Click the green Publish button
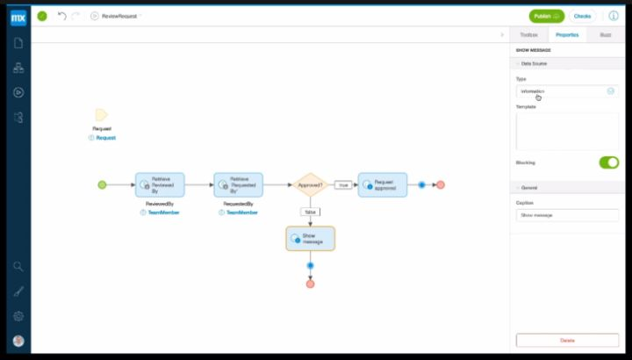(x=547, y=16)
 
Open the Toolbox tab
(x=528, y=34)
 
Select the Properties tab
(x=567, y=34)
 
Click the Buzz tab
(x=606, y=34)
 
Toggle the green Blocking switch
(x=608, y=162)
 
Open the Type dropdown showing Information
(x=566, y=91)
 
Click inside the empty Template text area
(x=566, y=131)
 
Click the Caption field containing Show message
(x=566, y=214)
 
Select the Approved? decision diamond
(x=310, y=185)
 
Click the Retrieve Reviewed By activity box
(x=160, y=185)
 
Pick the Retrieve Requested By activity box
(x=238, y=185)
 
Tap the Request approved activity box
(x=383, y=185)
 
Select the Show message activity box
(x=310, y=238)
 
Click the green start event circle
(x=102, y=185)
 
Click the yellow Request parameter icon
(x=101, y=115)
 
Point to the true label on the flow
(x=343, y=185)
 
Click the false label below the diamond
(x=310, y=212)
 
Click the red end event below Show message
(x=310, y=284)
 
